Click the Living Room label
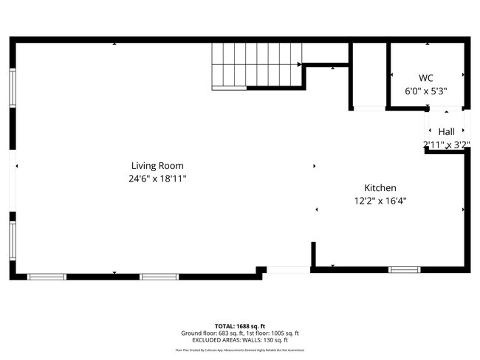(157, 166)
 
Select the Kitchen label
(380, 188)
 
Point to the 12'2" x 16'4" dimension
(380, 201)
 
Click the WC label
(425, 78)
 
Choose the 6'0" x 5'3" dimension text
(426, 91)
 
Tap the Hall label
(446, 131)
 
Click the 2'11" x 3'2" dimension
(446, 145)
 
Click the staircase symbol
(257, 66)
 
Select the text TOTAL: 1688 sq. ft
(240, 326)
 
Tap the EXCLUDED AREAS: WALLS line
(240, 340)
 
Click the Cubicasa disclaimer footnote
(240, 350)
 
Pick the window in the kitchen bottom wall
(404, 270)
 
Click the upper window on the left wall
(13, 88)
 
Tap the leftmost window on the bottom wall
(47, 277)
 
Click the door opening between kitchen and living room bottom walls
(288, 270)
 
